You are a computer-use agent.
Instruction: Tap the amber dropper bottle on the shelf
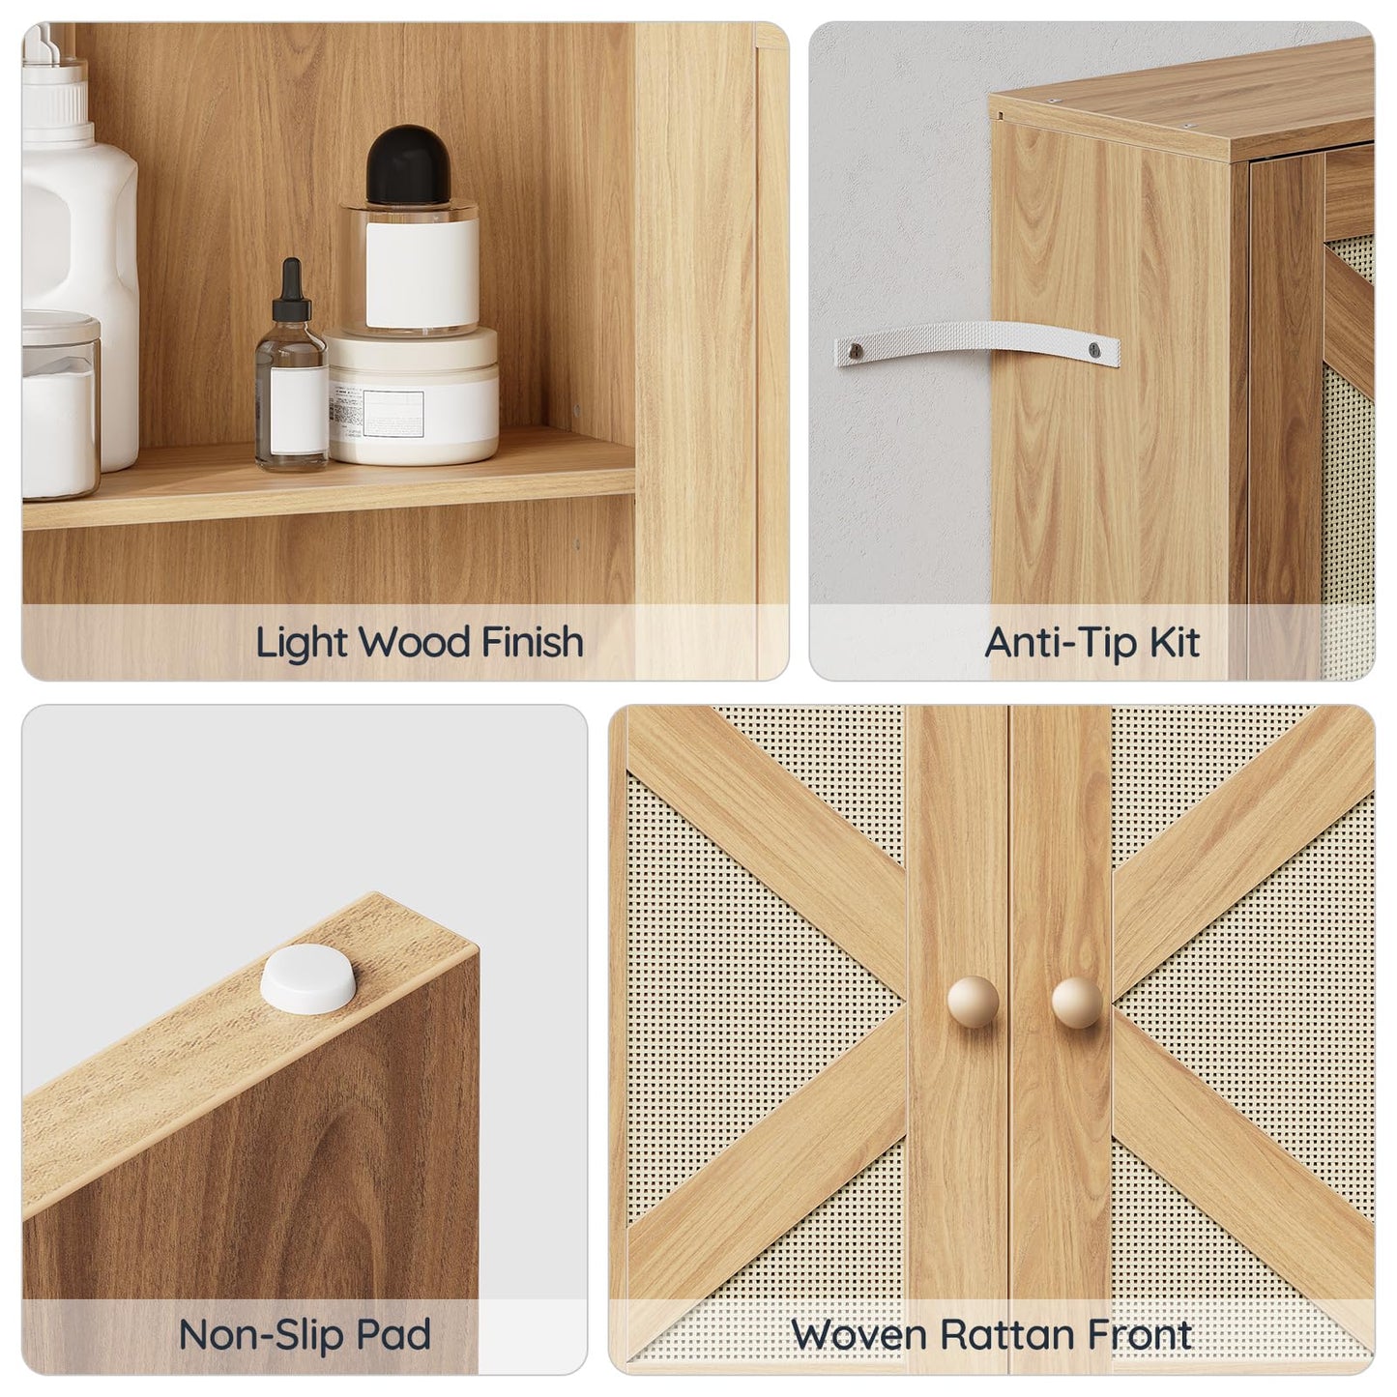pyautogui.click(x=290, y=396)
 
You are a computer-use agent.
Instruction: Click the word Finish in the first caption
pyautogui.click(x=533, y=642)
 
